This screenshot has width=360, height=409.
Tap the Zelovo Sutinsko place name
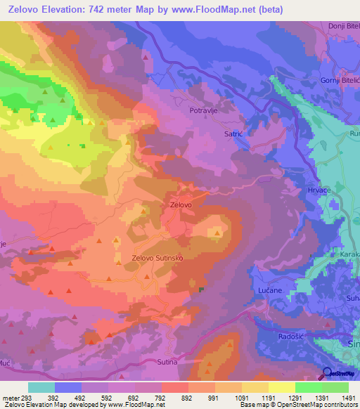coord(157,259)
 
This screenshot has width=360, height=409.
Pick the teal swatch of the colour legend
coord(41,387)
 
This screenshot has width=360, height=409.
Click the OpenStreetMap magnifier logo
coord(328,373)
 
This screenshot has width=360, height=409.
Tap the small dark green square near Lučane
coord(201,289)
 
